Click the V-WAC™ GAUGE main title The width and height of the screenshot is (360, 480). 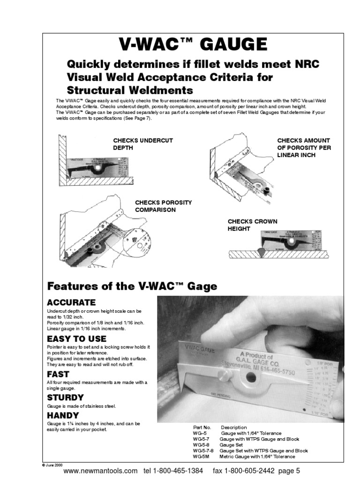[193, 45]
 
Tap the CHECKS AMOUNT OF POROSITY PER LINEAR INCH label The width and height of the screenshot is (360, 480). [303, 148]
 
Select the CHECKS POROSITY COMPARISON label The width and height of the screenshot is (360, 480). [163, 206]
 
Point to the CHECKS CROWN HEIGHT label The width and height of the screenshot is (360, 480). [252, 225]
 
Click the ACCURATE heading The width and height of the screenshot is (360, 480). [71, 302]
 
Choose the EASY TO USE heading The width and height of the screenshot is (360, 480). [77, 338]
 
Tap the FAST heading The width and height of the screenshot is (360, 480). [58, 374]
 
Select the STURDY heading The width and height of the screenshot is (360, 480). [65, 398]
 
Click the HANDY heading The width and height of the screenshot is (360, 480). [63, 415]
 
